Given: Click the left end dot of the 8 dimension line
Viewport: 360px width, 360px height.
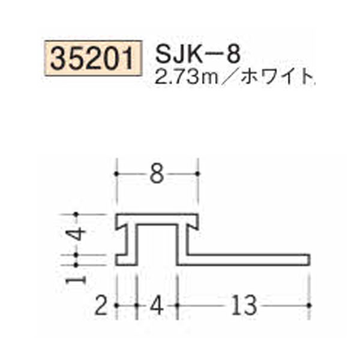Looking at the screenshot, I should pyautogui.click(x=117, y=174).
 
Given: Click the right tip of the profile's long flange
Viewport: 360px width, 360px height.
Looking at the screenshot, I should pyautogui.click(x=308, y=259).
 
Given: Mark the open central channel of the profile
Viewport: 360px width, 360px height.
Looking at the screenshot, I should pyautogui.click(x=158, y=243).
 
